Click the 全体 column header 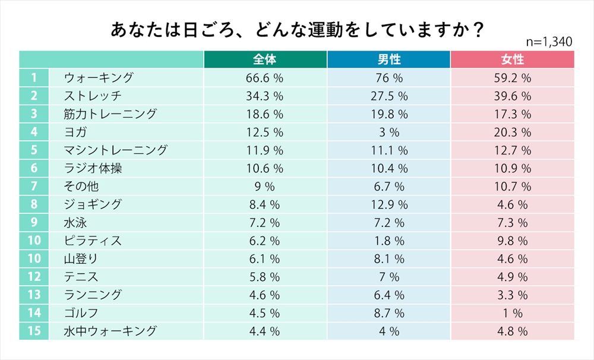(x=264, y=60)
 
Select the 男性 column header (x=388, y=60)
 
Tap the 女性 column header (x=512, y=60)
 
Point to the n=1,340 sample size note (x=549, y=42)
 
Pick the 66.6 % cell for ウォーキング (x=264, y=78)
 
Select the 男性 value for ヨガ (x=388, y=132)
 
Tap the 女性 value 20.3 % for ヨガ (x=512, y=132)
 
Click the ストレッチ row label (x=93, y=96)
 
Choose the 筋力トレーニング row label (x=110, y=114)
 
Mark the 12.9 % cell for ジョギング (x=388, y=204)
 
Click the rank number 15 (x=34, y=331)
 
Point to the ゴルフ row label (x=81, y=313)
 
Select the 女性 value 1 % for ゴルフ (x=512, y=313)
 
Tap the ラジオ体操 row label (x=93, y=168)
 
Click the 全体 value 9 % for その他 (x=264, y=187)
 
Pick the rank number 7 (x=34, y=187)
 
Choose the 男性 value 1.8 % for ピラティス (x=388, y=241)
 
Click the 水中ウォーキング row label (x=110, y=331)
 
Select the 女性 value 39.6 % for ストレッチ (x=512, y=96)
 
